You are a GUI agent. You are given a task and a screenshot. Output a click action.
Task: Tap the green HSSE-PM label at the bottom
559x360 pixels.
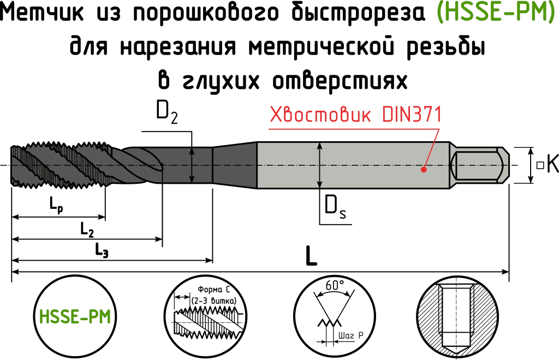75,317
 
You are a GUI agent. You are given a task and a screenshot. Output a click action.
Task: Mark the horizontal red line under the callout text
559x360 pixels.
349,129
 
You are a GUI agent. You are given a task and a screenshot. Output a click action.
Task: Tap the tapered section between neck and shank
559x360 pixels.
235,165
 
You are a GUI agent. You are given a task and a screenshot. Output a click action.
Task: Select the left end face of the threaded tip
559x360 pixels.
13,165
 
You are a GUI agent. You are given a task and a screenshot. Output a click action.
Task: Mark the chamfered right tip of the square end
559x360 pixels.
506,165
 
